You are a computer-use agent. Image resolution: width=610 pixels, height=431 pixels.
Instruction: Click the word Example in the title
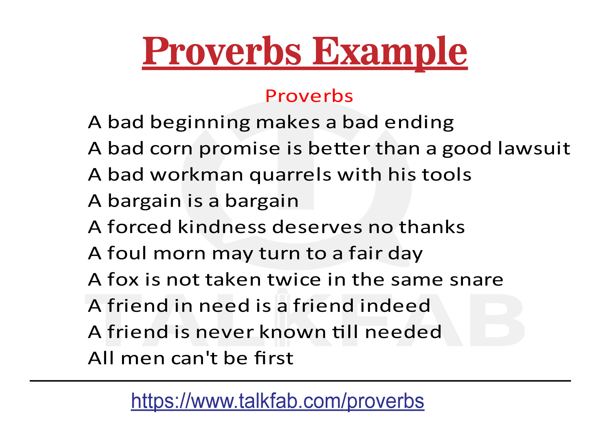(389, 52)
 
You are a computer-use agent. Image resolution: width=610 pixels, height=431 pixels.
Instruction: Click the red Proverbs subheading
(309, 96)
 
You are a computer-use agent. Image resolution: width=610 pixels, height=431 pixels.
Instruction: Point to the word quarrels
(290, 175)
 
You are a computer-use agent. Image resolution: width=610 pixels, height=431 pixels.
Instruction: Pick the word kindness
(222, 227)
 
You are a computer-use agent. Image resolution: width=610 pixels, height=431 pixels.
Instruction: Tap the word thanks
(432, 227)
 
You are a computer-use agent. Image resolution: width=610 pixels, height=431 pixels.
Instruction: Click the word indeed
(395, 306)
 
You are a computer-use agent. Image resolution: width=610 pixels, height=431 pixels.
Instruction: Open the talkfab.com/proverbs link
(277, 401)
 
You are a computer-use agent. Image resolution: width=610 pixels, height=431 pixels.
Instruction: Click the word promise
(239, 148)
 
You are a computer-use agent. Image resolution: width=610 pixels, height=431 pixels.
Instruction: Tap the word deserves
(317, 227)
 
